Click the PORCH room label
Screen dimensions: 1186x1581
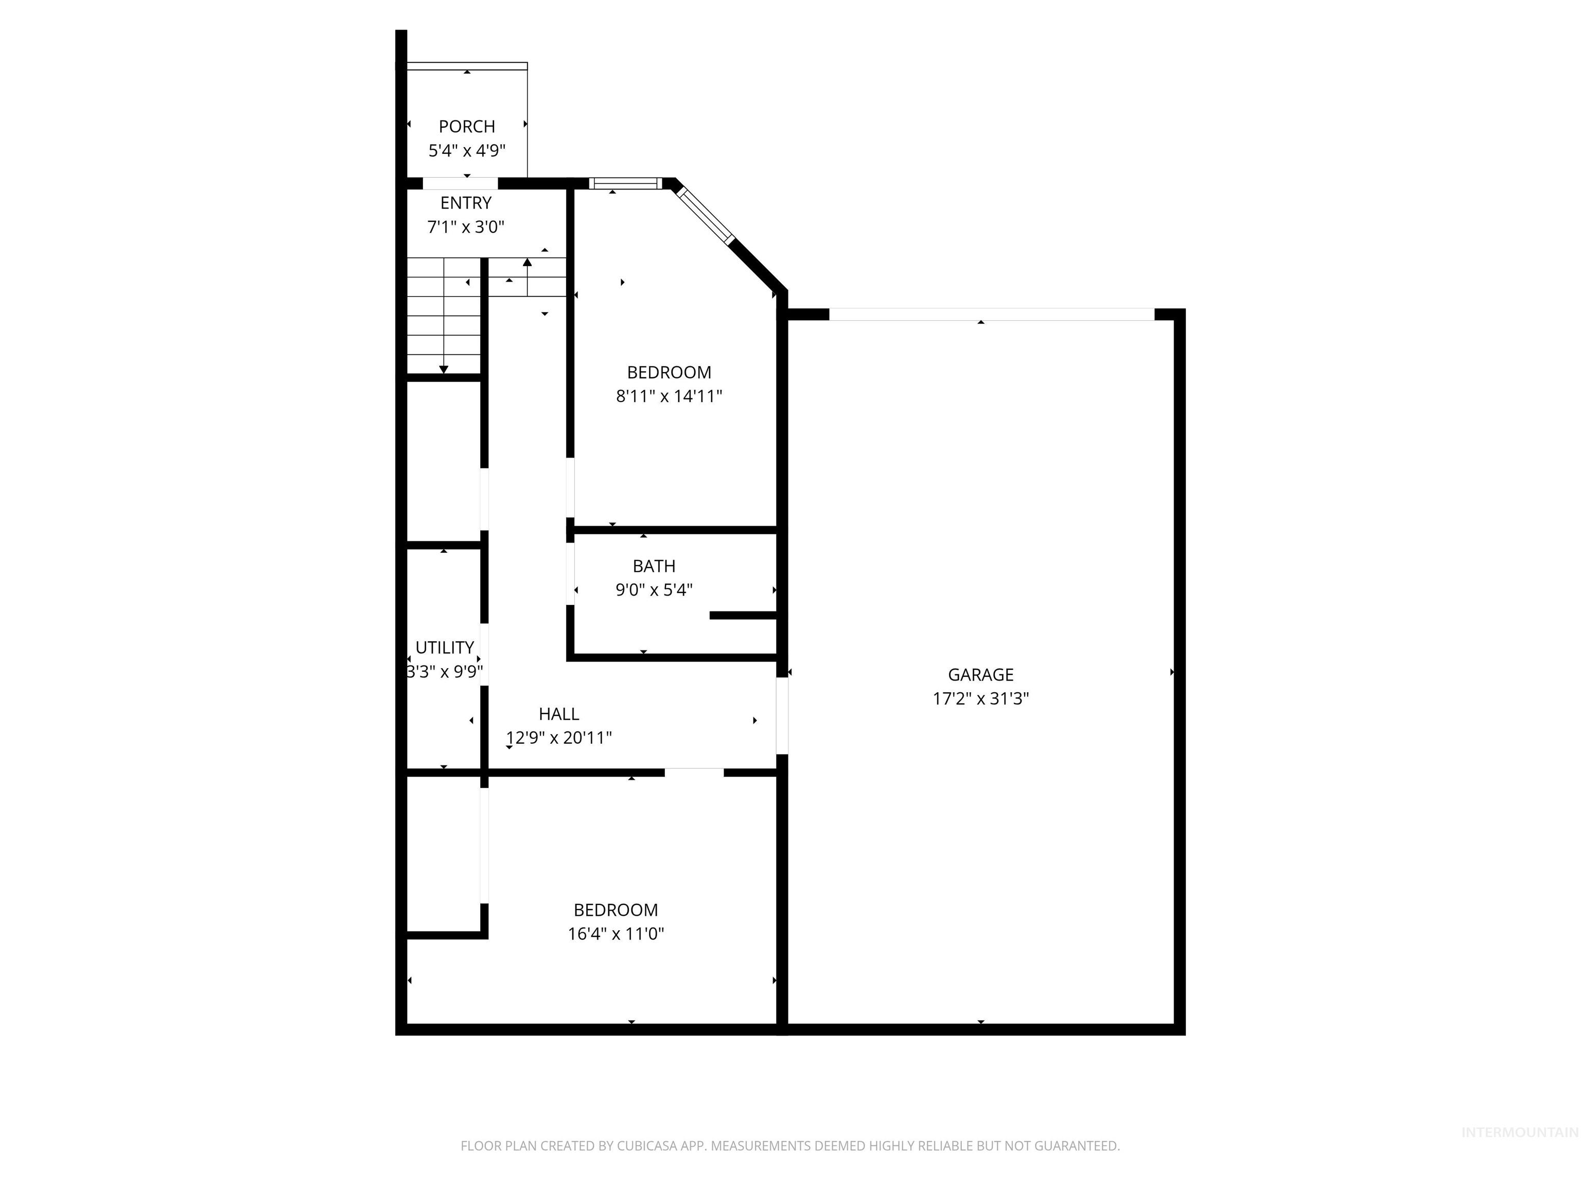click(x=467, y=127)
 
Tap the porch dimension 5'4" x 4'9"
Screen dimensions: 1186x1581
click(x=467, y=151)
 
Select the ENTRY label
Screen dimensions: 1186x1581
click(x=466, y=203)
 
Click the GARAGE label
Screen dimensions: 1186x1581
click(x=980, y=675)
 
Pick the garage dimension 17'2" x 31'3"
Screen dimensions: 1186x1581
click(x=980, y=699)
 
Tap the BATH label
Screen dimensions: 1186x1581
click(x=654, y=566)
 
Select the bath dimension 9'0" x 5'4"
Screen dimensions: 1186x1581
click(x=654, y=590)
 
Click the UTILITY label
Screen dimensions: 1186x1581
click(x=445, y=648)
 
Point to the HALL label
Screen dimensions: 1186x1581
click(x=559, y=714)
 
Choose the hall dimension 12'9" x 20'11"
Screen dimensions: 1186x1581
click(x=559, y=738)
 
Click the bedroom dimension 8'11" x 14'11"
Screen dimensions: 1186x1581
click(x=669, y=396)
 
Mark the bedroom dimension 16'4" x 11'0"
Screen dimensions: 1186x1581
click(x=616, y=934)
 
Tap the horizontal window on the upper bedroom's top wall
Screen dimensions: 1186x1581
click(x=625, y=184)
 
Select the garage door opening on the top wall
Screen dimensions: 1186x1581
click(x=991, y=315)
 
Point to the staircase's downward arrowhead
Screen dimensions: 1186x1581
click(x=444, y=370)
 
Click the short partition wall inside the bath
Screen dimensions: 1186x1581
click(x=743, y=616)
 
